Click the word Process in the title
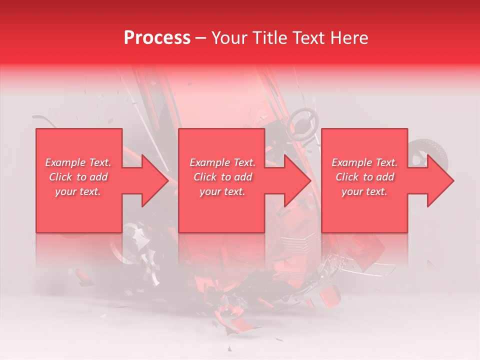pyautogui.click(x=157, y=38)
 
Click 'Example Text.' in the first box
pyautogui.click(x=78, y=162)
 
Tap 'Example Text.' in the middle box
pyautogui.click(x=222, y=162)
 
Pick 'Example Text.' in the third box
pyautogui.click(x=364, y=162)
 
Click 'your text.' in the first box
pyautogui.click(x=78, y=191)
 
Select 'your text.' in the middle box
pyautogui.click(x=222, y=191)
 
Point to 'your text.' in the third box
pyautogui.click(x=364, y=191)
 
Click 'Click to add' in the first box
pyautogui.click(x=78, y=177)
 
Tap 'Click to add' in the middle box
pyautogui.click(x=222, y=177)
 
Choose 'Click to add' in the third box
pyautogui.click(x=364, y=177)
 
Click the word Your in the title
pyautogui.click(x=229, y=38)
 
